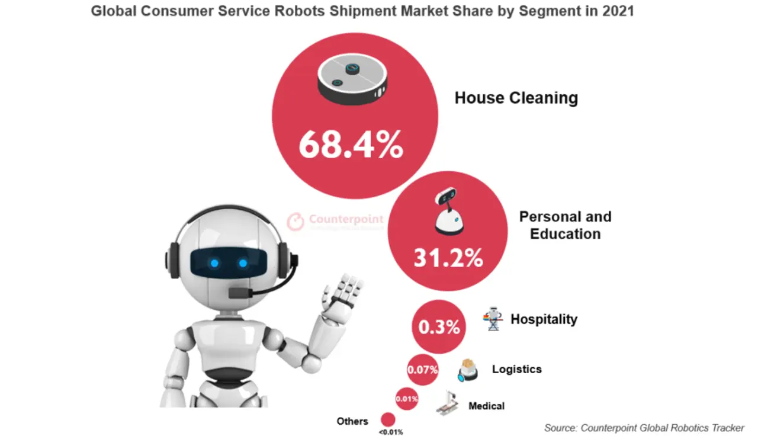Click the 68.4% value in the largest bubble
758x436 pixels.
(x=351, y=145)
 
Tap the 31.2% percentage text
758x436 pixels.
(x=448, y=258)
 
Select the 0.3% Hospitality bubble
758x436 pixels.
(x=439, y=327)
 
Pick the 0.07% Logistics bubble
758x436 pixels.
(x=422, y=370)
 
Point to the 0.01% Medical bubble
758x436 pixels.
(x=407, y=399)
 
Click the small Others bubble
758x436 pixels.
(x=388, y=420)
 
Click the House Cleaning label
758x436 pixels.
(x=516, y=98)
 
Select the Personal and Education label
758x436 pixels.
(x=565, y=225)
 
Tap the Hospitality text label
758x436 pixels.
(x=544, y=319)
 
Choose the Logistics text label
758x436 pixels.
(x=516, y=369)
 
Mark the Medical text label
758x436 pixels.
(x=486, y=406)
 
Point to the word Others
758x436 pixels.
(x=352, y=421)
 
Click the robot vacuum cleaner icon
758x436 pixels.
(x=352, y=79)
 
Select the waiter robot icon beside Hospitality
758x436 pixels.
(x=493, y=319)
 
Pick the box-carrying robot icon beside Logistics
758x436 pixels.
(x=468, y=370)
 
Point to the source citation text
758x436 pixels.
(x=644, y=428)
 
